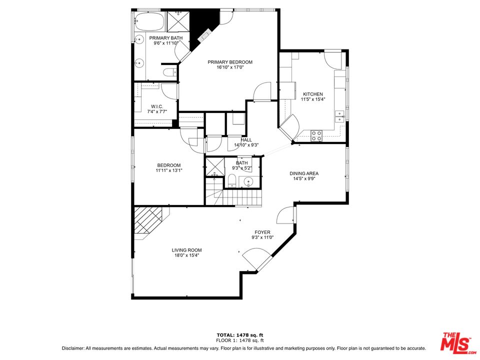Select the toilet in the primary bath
coord(170,71)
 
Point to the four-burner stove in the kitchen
coord(316,134)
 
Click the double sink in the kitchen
coord(339,115)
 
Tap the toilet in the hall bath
coord(232,180)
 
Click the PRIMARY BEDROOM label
coord(230,62)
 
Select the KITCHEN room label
coord(312,94)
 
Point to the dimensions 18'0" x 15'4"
coord(186,255)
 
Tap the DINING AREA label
coord(303,173)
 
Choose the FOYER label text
coord(262,232)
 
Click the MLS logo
coord(455,342)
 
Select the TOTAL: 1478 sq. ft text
coord(239,334)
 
